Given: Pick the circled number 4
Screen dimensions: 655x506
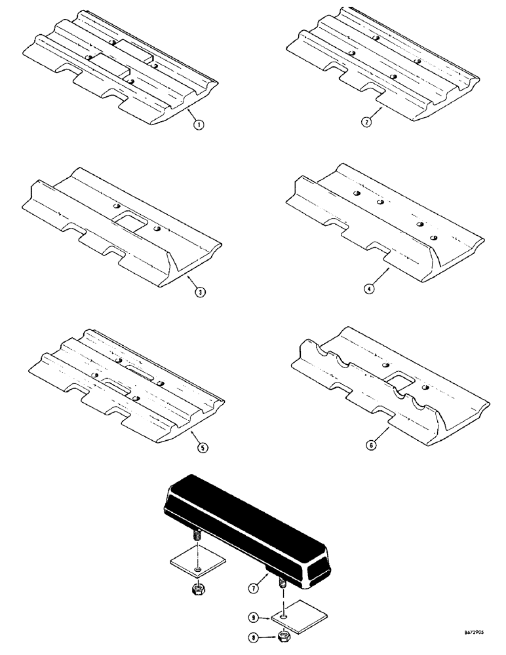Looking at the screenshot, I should pyautogui.click(x=370, y=290).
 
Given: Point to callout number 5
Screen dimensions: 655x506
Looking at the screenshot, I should pyautogui.click(x=204, y=447).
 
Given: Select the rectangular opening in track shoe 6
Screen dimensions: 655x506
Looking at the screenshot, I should pyautogui.click(x=400, y=378).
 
